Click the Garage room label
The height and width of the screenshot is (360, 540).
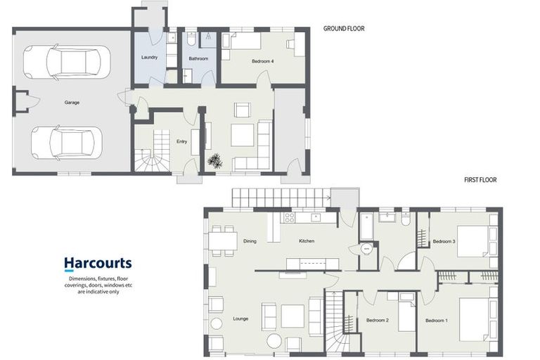tap(72, 103)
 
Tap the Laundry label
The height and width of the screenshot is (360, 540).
tap(150, 57)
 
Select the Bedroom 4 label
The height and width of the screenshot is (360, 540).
tap(263, 61)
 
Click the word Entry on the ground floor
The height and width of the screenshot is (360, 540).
tap(182, 141)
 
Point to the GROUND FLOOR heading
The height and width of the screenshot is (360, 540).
tap(344, 29)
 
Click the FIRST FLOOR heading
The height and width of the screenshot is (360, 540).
tap(480, 180)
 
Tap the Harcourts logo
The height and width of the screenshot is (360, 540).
tap(98, 264)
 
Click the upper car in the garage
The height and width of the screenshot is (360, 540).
tap(67, 62)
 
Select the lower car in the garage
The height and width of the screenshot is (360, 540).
tap(67, 143)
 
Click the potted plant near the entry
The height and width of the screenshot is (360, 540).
tap(215, 161)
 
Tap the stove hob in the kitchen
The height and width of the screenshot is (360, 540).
tap(289, 217)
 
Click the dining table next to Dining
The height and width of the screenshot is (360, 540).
tap(223, 240)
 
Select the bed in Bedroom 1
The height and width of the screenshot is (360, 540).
tap(478, 319)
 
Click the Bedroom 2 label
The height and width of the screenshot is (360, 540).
tap(378, 321)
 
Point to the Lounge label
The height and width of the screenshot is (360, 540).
tap(240, 319)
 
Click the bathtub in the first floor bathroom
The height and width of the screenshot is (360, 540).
tap(366, 226)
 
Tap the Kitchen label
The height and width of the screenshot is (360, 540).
tap(307, 241)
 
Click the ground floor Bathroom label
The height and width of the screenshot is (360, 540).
tap(199, 58)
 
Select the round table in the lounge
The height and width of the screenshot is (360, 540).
tap(274, 342)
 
